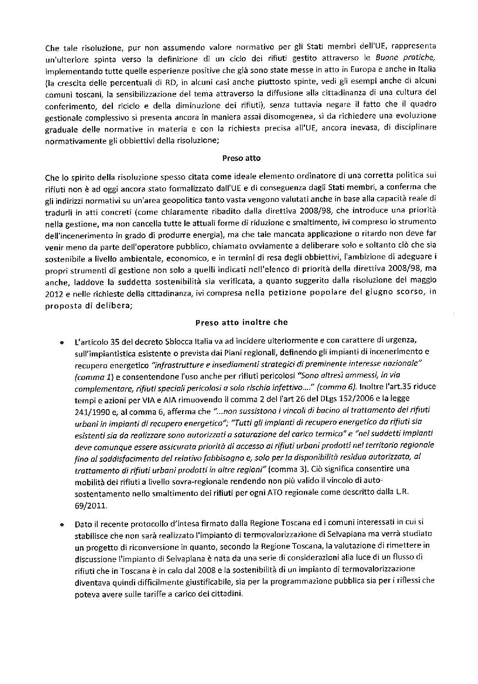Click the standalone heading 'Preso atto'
tap(241, 158)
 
